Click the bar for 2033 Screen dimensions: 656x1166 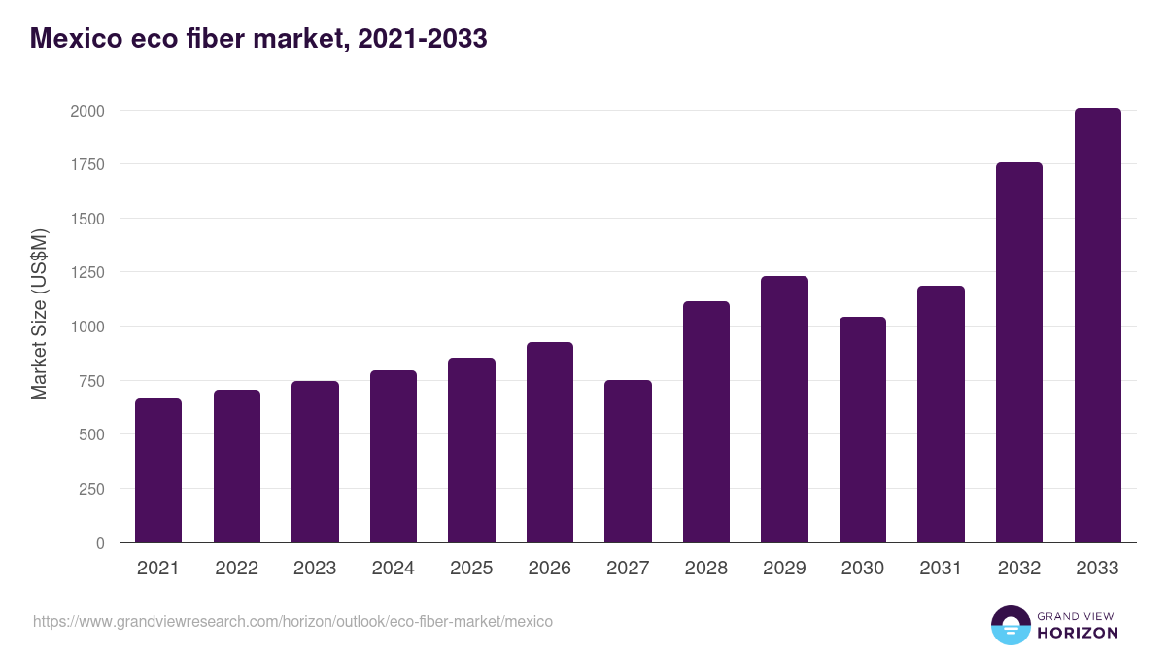coord(1097,326)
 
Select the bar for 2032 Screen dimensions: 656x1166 coord(1019,353)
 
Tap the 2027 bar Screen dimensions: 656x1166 coord(628,462)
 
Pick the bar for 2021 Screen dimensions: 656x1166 coord(158,470)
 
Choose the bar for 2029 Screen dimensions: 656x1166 coord(784,409)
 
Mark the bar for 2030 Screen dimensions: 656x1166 coord(863,430)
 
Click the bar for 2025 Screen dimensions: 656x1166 coord(471,450)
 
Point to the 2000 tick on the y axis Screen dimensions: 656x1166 coord(86,111)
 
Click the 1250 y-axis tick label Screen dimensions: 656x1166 coord(86,273)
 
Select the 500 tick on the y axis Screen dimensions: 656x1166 coord(91,434)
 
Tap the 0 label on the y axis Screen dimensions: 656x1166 coord(100,543)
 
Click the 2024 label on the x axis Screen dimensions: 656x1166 coord(393,569)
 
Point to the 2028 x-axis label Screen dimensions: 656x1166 coord(705,569)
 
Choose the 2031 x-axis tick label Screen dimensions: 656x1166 coord(941,569)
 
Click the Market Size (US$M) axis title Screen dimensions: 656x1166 coord(39,315)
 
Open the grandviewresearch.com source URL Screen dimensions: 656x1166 coord(292,621)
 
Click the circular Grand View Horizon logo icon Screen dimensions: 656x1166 coord(1010,625)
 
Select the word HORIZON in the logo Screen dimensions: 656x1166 coord(1078,633)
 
